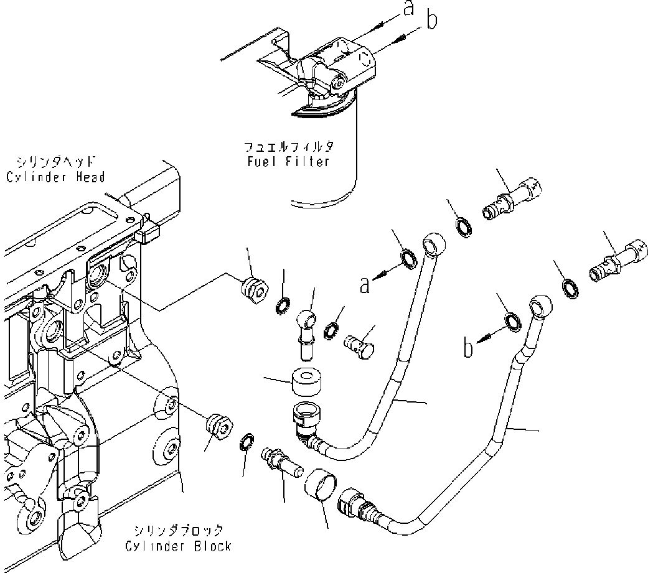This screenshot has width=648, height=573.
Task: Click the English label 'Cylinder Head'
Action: [x=55, y=177]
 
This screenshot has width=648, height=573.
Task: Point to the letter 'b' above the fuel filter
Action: [x=431, y=21]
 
